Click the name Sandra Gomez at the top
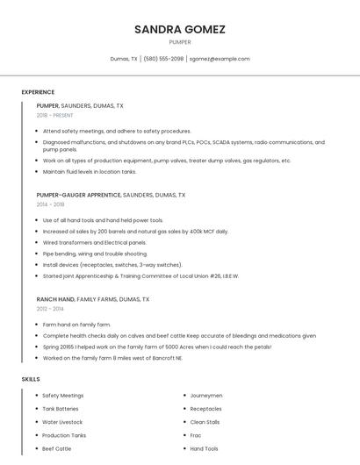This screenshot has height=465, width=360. pos(180,29)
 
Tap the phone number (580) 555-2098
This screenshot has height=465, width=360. pos(163,59)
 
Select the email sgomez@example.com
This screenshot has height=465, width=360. pos(220,59)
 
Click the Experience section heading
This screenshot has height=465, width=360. pos(38,92)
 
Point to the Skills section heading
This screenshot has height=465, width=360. pos(31,379)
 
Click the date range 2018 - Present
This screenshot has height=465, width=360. pos(55,115)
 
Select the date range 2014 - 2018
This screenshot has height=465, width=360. pos(50,204)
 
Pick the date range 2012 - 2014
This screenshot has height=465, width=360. pos(50,309)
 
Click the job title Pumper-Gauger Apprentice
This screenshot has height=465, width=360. pos(78,195)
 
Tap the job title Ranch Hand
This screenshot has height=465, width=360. pos(54,299)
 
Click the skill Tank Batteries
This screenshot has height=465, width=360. pos(61,409)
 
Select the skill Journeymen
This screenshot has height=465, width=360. pos(206,396)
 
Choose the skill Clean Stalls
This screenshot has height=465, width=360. pos(205,422)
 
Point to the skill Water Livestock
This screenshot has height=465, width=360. pos(63,422)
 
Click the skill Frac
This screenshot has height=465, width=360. pos(196,435)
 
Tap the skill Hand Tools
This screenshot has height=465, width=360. pos(205,448)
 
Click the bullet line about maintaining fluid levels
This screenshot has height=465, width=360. pos(90,172)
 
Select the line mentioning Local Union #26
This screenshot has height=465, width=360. pos(140,275)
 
